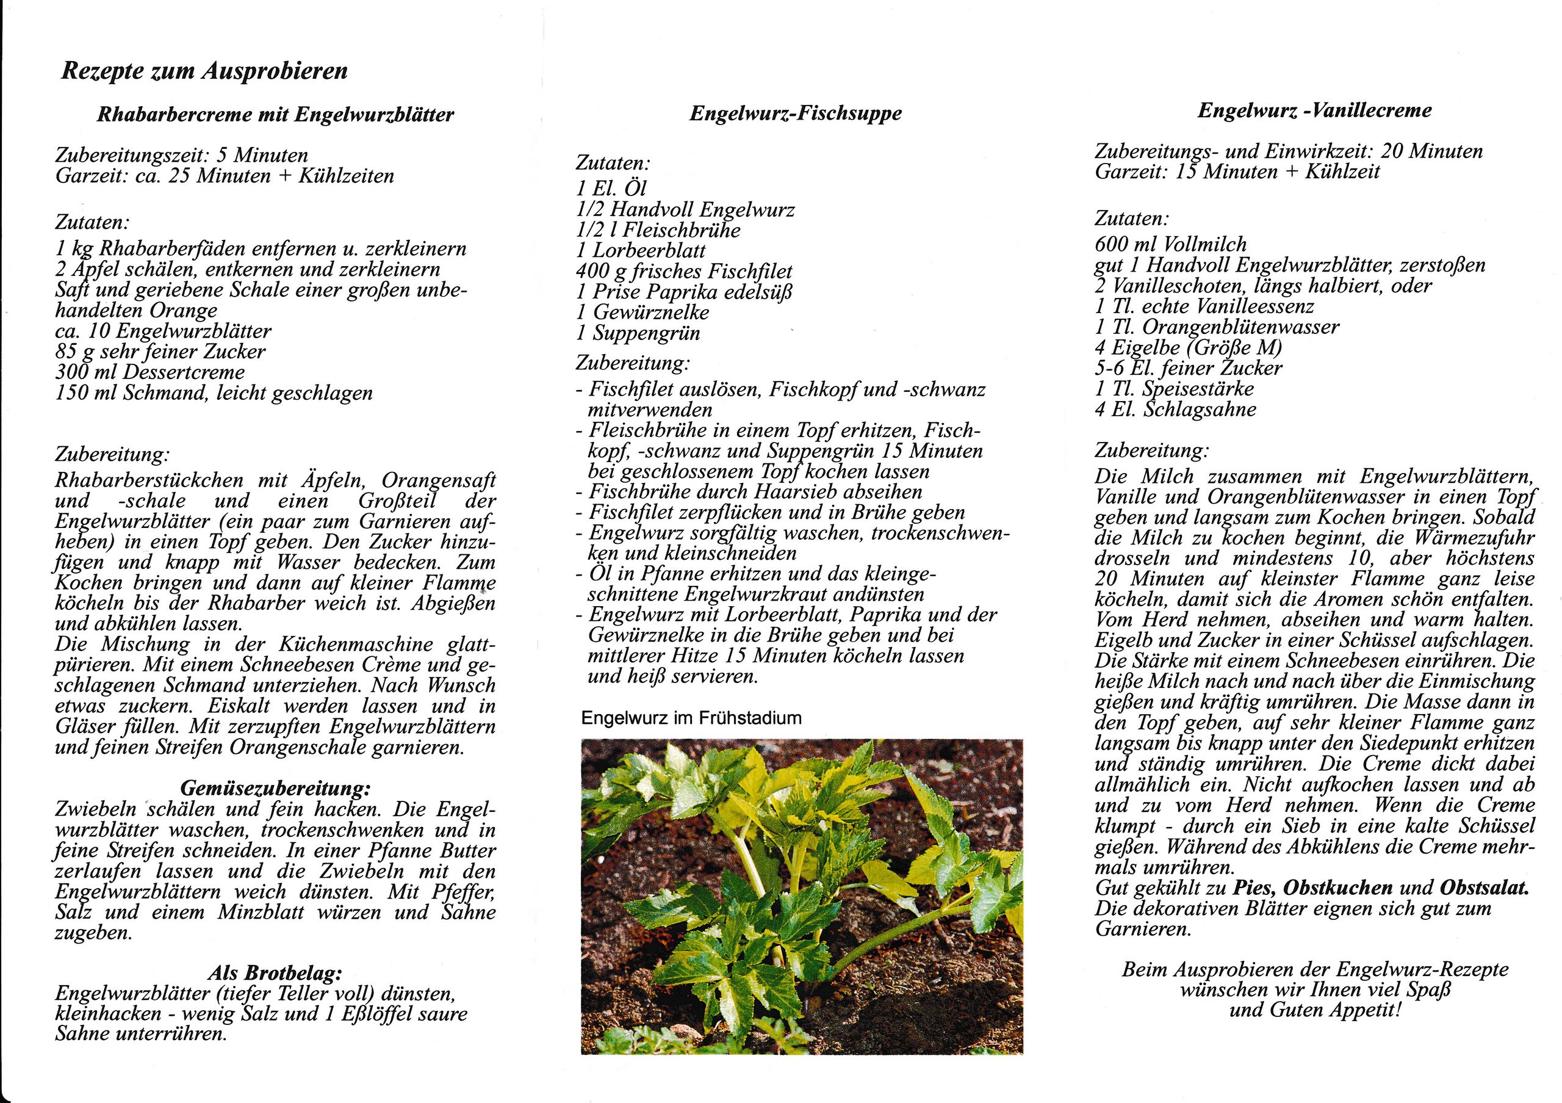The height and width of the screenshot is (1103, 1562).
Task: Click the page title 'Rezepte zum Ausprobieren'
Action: click(x=204, y=71)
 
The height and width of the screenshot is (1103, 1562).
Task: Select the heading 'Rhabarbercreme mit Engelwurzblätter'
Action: click(x=276, y=114)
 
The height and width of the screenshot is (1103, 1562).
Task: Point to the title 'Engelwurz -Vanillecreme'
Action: click(x=1314, y=110)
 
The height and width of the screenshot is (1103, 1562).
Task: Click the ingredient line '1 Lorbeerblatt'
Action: click(x=641, y=250)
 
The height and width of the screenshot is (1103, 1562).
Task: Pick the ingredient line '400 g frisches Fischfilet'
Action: click(x=684, y=272)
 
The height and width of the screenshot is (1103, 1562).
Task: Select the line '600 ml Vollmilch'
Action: click(x=1170, y=244)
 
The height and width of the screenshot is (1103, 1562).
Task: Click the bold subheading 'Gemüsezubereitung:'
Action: click(x=276, y=789)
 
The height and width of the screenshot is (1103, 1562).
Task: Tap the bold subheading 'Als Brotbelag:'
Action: click(x=276, y=973)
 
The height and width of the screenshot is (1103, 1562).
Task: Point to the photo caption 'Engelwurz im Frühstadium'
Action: click(x=691, y=718)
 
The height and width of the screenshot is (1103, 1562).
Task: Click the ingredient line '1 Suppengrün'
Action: click(x=638, y=333)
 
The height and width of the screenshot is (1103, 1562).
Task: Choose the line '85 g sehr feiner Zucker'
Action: click(x=160, y=352)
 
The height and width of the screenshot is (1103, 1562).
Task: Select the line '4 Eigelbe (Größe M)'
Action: click(x=1188, y=348)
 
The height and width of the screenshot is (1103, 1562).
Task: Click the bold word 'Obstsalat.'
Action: click(x=1484, y=888)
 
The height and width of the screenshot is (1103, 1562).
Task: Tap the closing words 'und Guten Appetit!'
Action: click(x=1315, y=1010)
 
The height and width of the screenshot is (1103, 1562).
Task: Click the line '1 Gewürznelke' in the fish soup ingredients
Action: click(x=642, y=313)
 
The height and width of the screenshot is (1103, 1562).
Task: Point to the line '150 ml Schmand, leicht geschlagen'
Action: click(x=214, y=393)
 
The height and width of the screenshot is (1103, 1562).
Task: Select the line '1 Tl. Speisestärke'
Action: click(x=1173, y=389)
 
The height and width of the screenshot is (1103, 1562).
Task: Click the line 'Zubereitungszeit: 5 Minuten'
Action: click(x=182, y=155)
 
